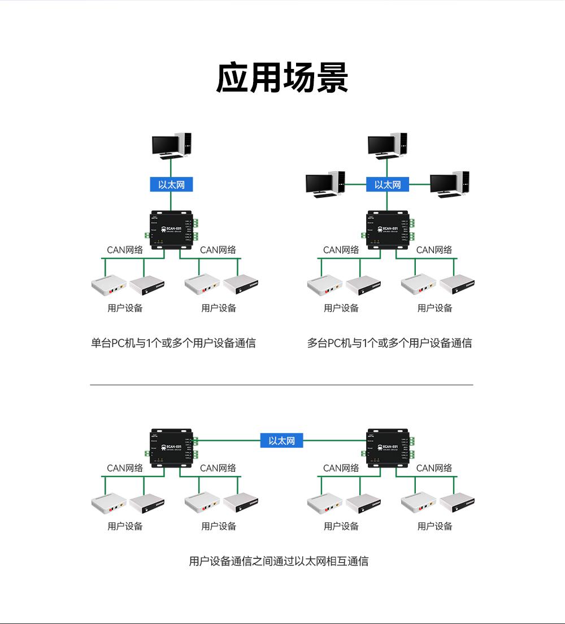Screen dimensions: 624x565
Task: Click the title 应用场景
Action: [x=282, y=77]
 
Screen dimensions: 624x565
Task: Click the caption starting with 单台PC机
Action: [x=173, y=343]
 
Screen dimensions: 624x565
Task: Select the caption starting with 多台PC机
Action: [x=389, y=343]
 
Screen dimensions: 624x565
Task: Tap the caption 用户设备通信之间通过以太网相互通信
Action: [x=279, y=561]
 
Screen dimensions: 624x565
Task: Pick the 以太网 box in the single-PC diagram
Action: [x=171, y=184]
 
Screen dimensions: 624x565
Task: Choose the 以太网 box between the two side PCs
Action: [x=387, y=184]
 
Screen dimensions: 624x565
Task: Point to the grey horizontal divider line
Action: [x=281, y=385]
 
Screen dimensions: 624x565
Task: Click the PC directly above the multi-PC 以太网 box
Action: [x=388, y=145]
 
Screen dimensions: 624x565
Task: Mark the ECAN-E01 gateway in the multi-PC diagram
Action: [x=388, y=229]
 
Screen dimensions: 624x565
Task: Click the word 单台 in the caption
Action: [x=101, y=343]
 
